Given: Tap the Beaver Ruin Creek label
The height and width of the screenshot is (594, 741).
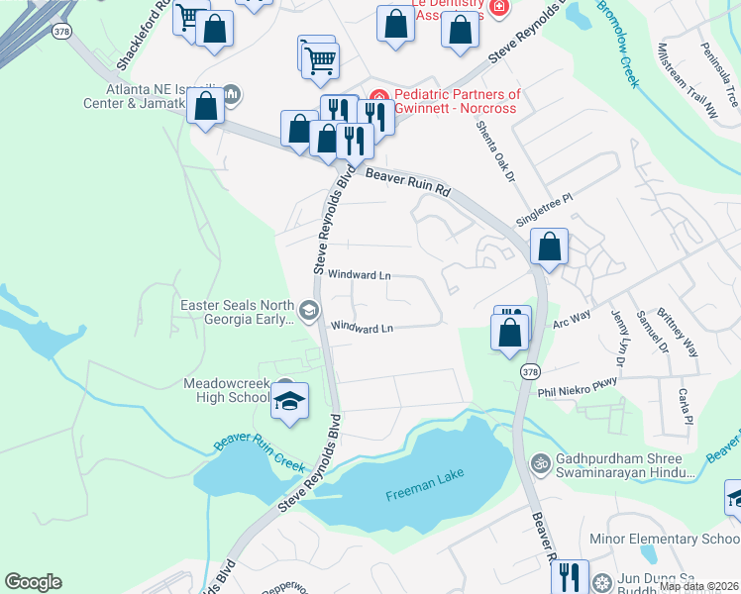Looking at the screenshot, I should [x=261, y=449].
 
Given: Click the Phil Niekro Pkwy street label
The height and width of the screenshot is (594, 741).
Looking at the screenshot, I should [x=577, y=392].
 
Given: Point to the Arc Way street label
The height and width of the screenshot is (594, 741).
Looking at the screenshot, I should [x=571, y=318].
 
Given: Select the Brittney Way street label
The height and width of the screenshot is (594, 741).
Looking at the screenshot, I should [x=685, y=332].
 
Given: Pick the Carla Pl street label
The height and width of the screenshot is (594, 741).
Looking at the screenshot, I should [x=685, y=407].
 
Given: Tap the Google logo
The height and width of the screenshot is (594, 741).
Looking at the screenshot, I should [x=33, y=582].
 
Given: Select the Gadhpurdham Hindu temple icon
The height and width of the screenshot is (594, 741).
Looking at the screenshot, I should [x=541, y=461].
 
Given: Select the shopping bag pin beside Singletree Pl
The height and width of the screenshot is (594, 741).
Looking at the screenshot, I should [x=549, y=247].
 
